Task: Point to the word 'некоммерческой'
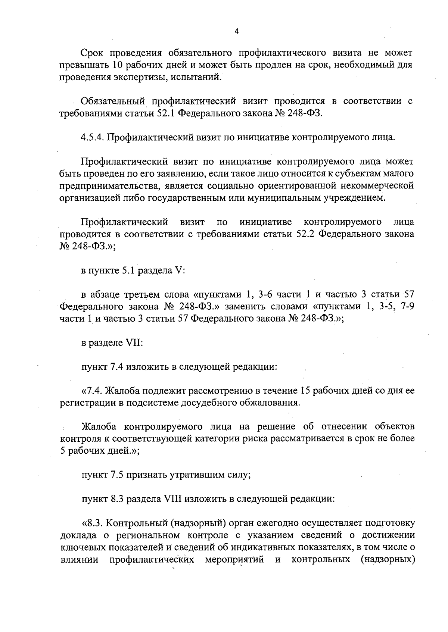373,185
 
